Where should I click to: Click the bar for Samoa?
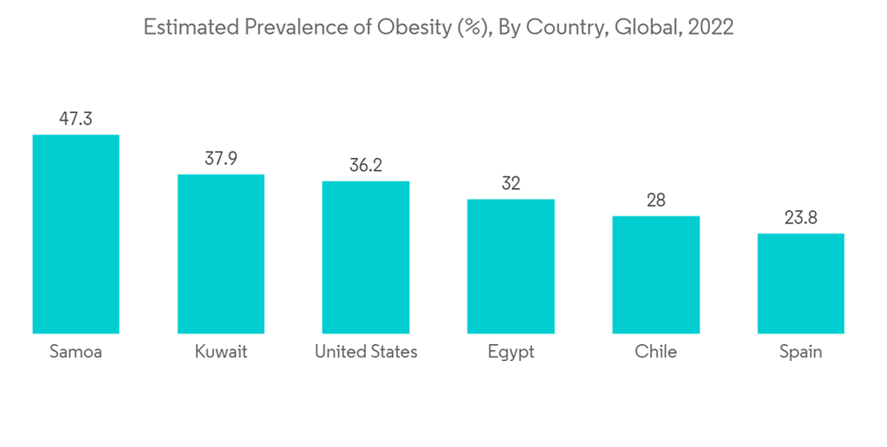coord(75,234)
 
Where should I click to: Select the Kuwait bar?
coord(221,254)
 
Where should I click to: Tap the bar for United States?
coord(365,257)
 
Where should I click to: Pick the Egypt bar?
coord(511,266)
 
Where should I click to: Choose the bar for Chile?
coord(655,275)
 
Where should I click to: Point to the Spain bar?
coord(800,284)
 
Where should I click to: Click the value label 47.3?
coord(75,119)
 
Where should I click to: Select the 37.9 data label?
coord(221,158)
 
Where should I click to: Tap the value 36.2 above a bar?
coord(365,165)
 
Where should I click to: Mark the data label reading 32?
coord(511,184)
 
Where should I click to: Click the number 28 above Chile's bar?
coord(655,200)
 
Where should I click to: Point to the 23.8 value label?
coord(800,217)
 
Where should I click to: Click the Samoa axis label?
coord(75,352)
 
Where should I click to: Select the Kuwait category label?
coord(221,352)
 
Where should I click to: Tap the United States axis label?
coord(365,352)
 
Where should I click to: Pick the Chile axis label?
coord(655,352)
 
